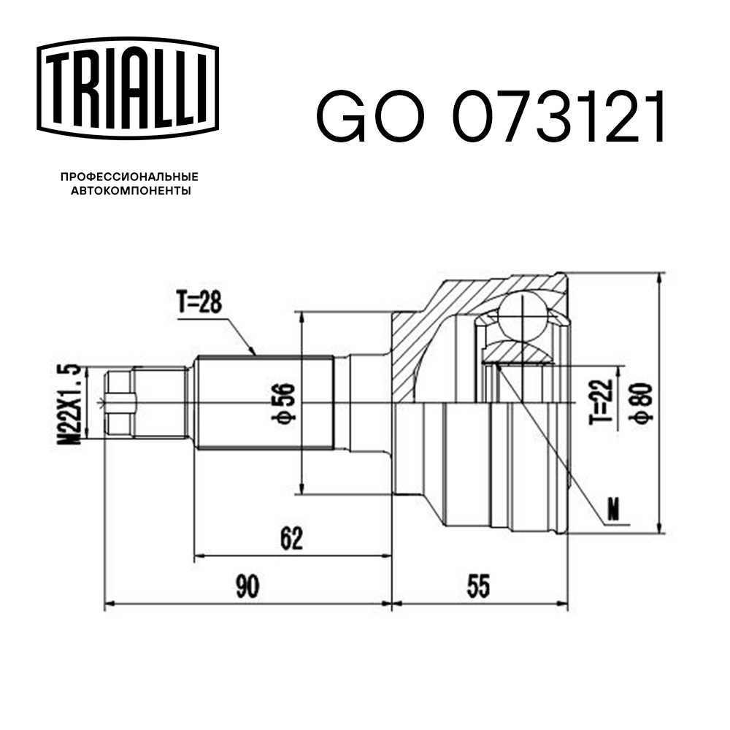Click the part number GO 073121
[x=490, y=118]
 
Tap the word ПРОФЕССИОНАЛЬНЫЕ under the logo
[x=129, y=177]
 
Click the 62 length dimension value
[x=291, y=539]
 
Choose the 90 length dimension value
[x=247, y=587]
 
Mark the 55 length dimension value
[x=478, y=587]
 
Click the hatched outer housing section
[x=431, y=328]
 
